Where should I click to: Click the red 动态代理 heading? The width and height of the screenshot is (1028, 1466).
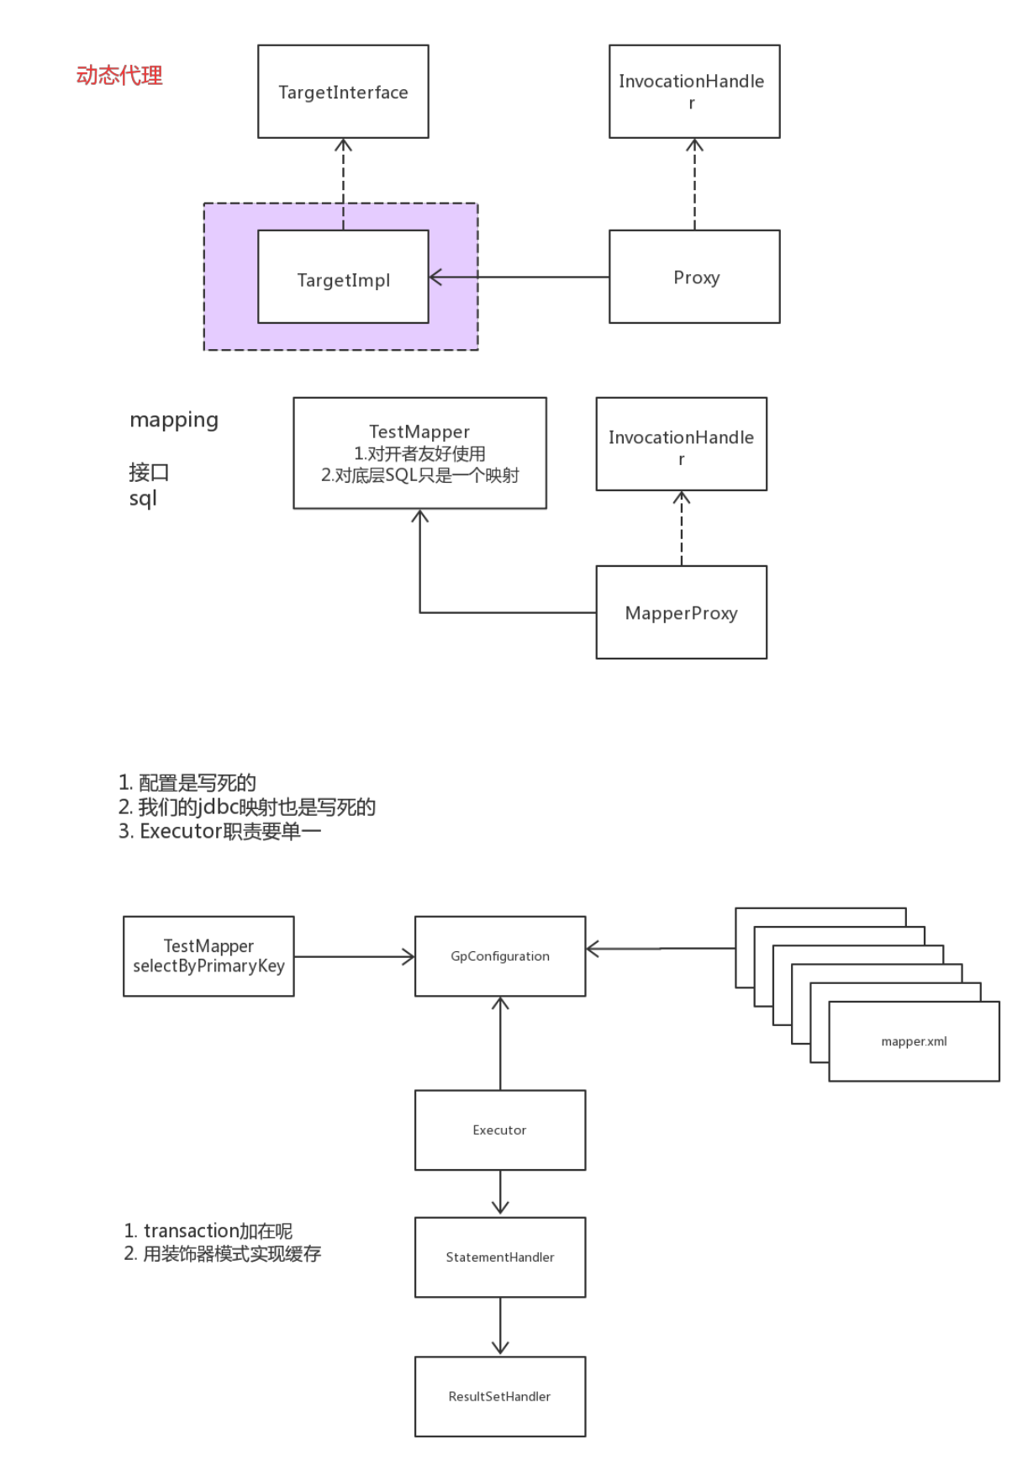click(x=119, y=76)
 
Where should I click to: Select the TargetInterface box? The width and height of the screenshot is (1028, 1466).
click(x=343, y=92)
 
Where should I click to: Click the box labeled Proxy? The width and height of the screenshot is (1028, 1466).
click(x=694, y=277)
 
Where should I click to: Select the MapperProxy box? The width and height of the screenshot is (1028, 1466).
click(x=681, y=612)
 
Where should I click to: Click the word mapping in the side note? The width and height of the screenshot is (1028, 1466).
click(x=174, y=420)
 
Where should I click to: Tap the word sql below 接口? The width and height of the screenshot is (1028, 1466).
click(x=143, y=499)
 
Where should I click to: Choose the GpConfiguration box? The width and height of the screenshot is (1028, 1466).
click(x=500, y=956)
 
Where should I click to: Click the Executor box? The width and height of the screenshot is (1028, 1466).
click(x=500, y=1130)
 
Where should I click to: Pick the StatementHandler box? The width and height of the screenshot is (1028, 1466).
click(x=500, y=1257)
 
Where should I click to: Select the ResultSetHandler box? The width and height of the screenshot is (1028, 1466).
click(x=500, y=1396)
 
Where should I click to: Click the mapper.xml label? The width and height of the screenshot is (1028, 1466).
click(x=914, y=1041)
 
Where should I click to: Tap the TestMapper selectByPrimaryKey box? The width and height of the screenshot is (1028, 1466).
click(x=208, y=956)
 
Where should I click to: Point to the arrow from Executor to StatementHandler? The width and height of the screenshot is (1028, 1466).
click(x=500, y=1193)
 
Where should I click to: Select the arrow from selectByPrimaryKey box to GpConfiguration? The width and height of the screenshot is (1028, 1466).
click(x=354, y=956)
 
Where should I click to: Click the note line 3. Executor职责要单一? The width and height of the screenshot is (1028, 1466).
click(x=219, y=832)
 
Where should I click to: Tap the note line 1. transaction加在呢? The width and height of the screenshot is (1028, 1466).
click(x=208, y=1231)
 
